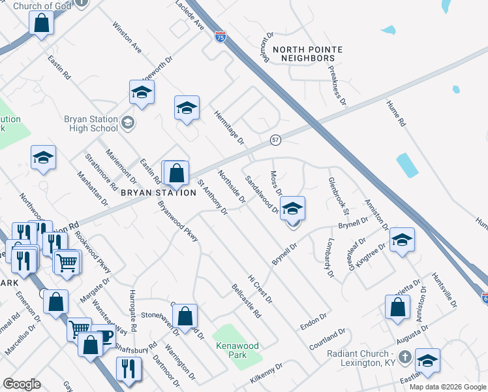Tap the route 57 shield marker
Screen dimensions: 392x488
(276, 140)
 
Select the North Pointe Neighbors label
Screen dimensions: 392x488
(303, 54)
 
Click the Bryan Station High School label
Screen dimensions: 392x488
(91, 123)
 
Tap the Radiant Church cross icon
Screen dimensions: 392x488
(404, 357)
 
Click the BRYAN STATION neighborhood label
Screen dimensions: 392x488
(158, 193)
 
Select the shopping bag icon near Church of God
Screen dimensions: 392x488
(42, 24)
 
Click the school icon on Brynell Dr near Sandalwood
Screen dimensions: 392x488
(293, 209)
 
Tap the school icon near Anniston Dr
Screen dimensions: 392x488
(402, 240)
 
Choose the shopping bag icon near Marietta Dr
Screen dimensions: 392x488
(397, 307)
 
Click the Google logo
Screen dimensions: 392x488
(22, 384)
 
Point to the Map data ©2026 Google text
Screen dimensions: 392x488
(448, 387)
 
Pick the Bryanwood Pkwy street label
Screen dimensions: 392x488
(177, 223)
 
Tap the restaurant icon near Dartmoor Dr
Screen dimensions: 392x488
(129, 368)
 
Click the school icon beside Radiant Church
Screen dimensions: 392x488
(427, 361)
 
